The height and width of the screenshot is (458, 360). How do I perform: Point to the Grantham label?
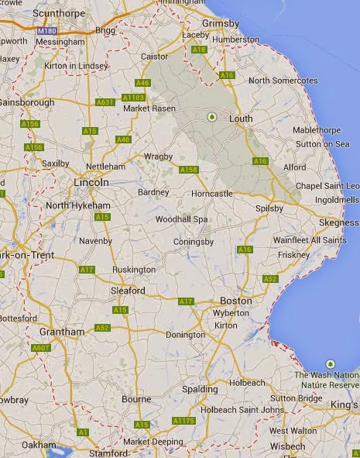coord(60,332)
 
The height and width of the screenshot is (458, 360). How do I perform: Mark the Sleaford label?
coord(129,291)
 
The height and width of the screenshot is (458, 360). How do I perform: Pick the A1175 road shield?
coord(183,420)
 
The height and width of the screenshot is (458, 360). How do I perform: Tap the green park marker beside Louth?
coord(211,117)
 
